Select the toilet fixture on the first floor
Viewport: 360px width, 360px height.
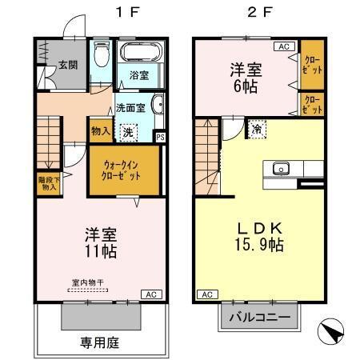100,57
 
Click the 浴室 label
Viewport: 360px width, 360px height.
139,76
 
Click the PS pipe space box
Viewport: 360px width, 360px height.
161,137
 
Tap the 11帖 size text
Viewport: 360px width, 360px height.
102,251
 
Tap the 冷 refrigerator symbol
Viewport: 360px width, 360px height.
257,128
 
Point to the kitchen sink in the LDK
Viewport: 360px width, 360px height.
281,169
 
